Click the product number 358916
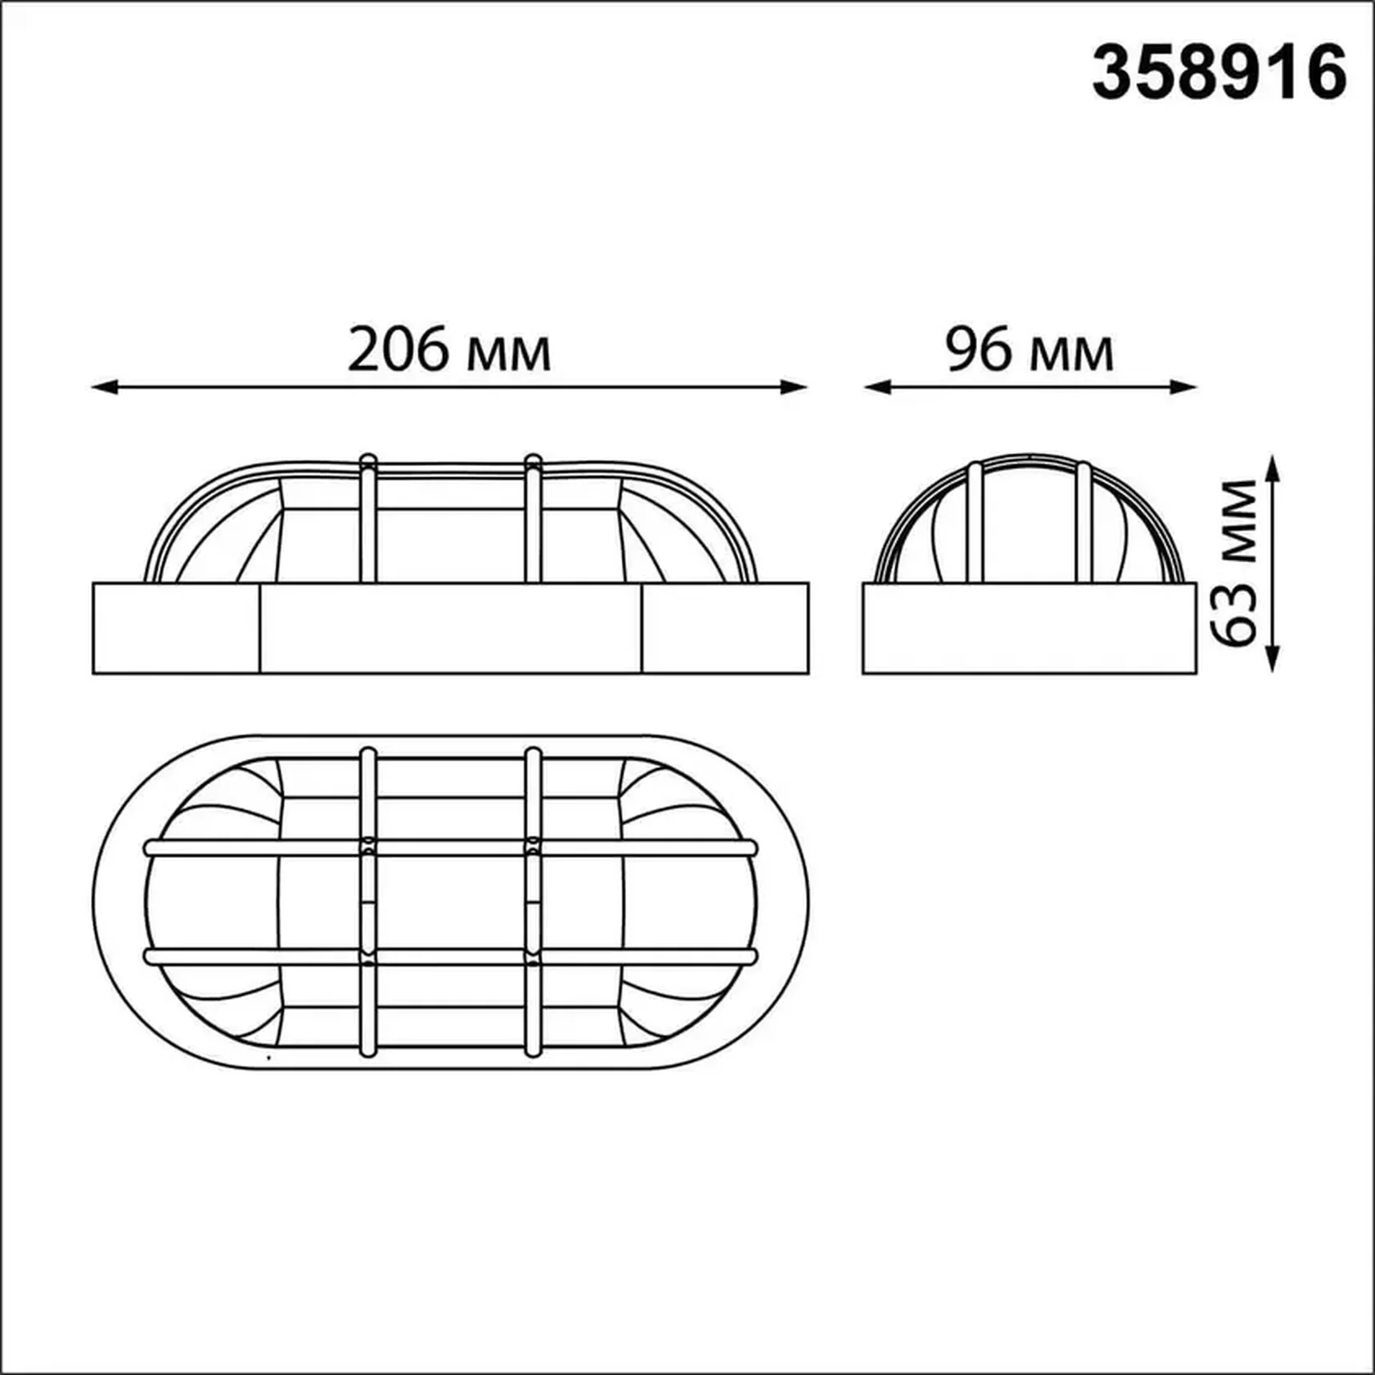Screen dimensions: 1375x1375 coord(1219,73)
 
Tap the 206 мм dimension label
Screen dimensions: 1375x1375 coord(449,350)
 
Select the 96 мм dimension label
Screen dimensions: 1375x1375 coord(1029,350)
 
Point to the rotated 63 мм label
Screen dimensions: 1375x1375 coord(1234,563)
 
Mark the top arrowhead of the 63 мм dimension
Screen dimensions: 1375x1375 coord(1273,467)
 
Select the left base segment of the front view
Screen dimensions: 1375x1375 coord(177,628)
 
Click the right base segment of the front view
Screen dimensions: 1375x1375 coord(725,628)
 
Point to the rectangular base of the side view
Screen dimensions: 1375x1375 coord(1030,628)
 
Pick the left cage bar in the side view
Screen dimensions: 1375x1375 coord(974,524)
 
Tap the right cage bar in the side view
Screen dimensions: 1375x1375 coord(1083,524)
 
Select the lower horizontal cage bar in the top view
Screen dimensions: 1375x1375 coord(450,957)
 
